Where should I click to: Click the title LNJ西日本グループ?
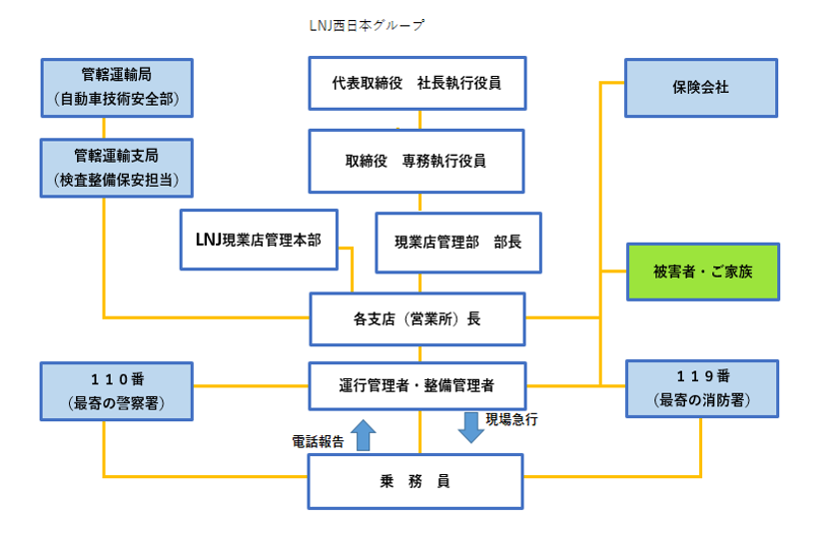pyautogui.click(x=367, y=25)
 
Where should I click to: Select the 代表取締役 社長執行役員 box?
pyautogui.click(x=417, y=83)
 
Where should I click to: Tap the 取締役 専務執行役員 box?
pyautogui.click(x=416, y=161)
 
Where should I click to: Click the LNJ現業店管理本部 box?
pyautogui.click(x=259, y=240)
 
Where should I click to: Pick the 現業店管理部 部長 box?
pyautogui.click(x=458, y=243)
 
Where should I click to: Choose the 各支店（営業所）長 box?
pyautogui.click(x=417, y=318)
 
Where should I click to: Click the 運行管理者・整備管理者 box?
pyautogui.click(x=417, y=385)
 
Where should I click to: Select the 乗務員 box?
pyautogui.click(x=415, y=481)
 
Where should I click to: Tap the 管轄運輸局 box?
pyautogui.click(x=117, y=87)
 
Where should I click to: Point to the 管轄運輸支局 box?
pyautogui.click(x=117, y=168)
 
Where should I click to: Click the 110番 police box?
pyautogui.click(x=117, y=391)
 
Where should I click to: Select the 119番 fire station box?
pyautogui.click(x=702, y=388)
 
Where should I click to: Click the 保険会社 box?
pyautogui.click(x=701, y=87)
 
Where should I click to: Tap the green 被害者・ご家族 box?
pyautogui.click(x=703, y=272)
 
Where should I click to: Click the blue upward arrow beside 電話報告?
pyautogui.click(x=364, y=435)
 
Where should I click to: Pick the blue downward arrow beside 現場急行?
pyautogui.click(x=471, y=427)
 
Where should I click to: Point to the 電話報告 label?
pyautogui.click(x=318, y=441)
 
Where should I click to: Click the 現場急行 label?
pyautogui.click(x=511, y=419)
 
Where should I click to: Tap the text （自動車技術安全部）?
pyautogui.click(x=117, y=99)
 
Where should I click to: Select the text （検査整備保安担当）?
pyautogui.click(x=117, y=181)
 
